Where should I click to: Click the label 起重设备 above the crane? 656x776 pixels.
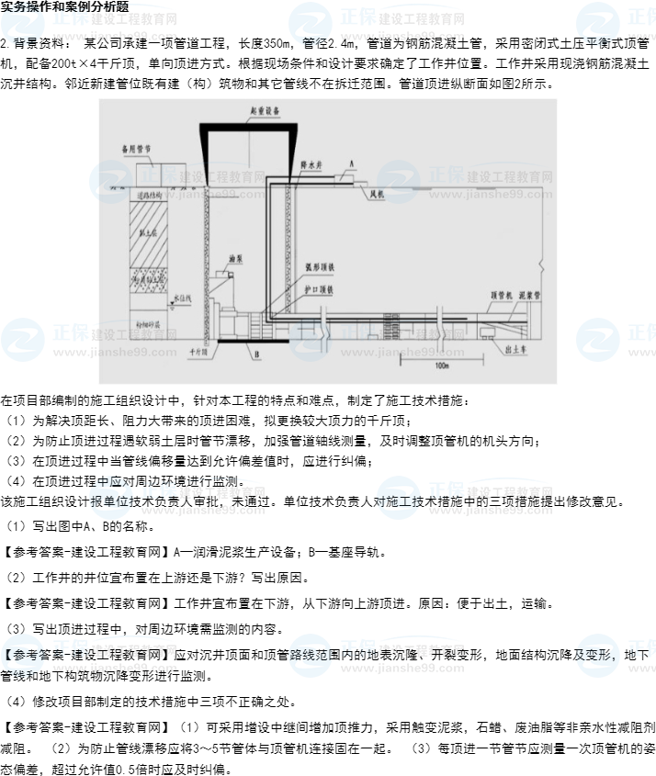(264, 110)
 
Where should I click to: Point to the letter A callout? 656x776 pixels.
(351, 162)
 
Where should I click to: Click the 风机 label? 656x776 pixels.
(376, 196)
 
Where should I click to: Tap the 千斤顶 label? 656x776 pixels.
(197, 350)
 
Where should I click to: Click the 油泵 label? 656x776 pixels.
(234, 259)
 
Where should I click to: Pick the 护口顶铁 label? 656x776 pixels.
(318, 288)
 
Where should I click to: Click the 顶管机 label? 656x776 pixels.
(500, 296)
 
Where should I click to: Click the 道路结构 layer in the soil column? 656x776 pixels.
(149, 196)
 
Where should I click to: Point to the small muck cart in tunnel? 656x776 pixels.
(487, 328)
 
